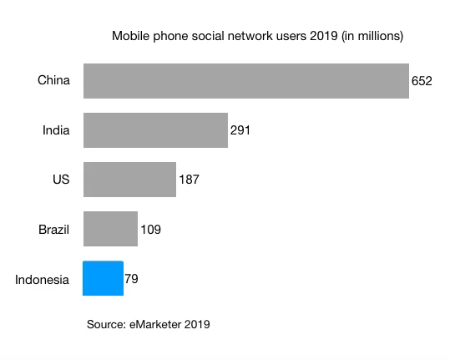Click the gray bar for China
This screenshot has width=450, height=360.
pos(245,81)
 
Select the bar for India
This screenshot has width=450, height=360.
pos(155,130)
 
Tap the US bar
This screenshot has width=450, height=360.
pos(129,180)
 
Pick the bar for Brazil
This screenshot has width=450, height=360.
pos(110,229)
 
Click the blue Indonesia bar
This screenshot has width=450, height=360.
pos(103,278)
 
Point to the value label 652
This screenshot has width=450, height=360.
pos(422,82)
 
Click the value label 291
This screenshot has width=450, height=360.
pos(240,131)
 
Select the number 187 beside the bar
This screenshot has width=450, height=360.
pos(189,180)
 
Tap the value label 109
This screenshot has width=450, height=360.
pos(150,229)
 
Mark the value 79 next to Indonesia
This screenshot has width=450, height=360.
pos(131,279)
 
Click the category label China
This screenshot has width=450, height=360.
pos(53,81)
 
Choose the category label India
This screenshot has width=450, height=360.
pos(56,130)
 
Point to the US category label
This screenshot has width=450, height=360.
pos(61,180)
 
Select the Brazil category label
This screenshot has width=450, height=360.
pos(53,229)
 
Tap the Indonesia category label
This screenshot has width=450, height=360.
pos(42,279)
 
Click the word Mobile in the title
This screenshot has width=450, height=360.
pos(130,36)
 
